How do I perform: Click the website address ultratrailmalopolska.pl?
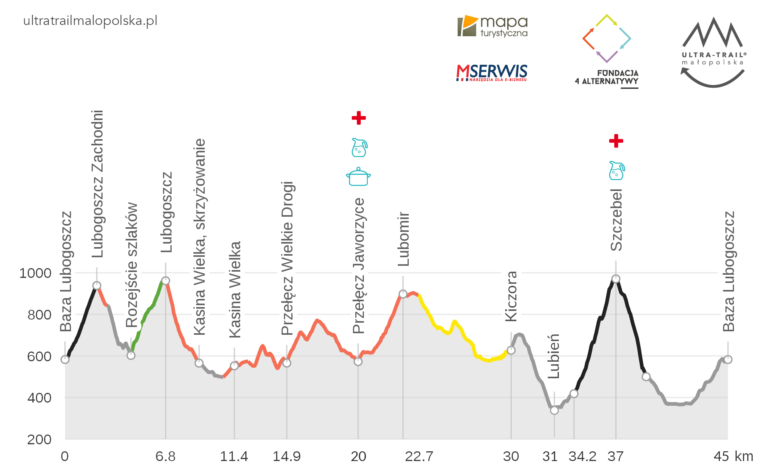pos(90,21)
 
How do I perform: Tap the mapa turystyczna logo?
pos(492,27)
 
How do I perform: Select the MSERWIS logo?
pos(491,72)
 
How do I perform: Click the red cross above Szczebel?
pos(616,141)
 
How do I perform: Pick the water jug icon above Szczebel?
pos(617,171)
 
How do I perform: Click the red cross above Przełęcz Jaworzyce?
pos(358,118)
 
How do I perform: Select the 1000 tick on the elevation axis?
pos(35,273)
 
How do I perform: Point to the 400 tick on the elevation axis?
pos(39,398)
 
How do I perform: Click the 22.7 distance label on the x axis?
pos(419,456)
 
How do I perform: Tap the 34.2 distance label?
pos(582,456)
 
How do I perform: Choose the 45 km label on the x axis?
pos(733,456)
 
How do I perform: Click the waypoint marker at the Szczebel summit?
pos(615,279)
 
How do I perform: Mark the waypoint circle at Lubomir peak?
pos(403,294)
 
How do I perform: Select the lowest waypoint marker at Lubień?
pos(554,410)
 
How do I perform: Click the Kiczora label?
pos(511,296)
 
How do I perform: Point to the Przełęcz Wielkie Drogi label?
pos(287,258)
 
